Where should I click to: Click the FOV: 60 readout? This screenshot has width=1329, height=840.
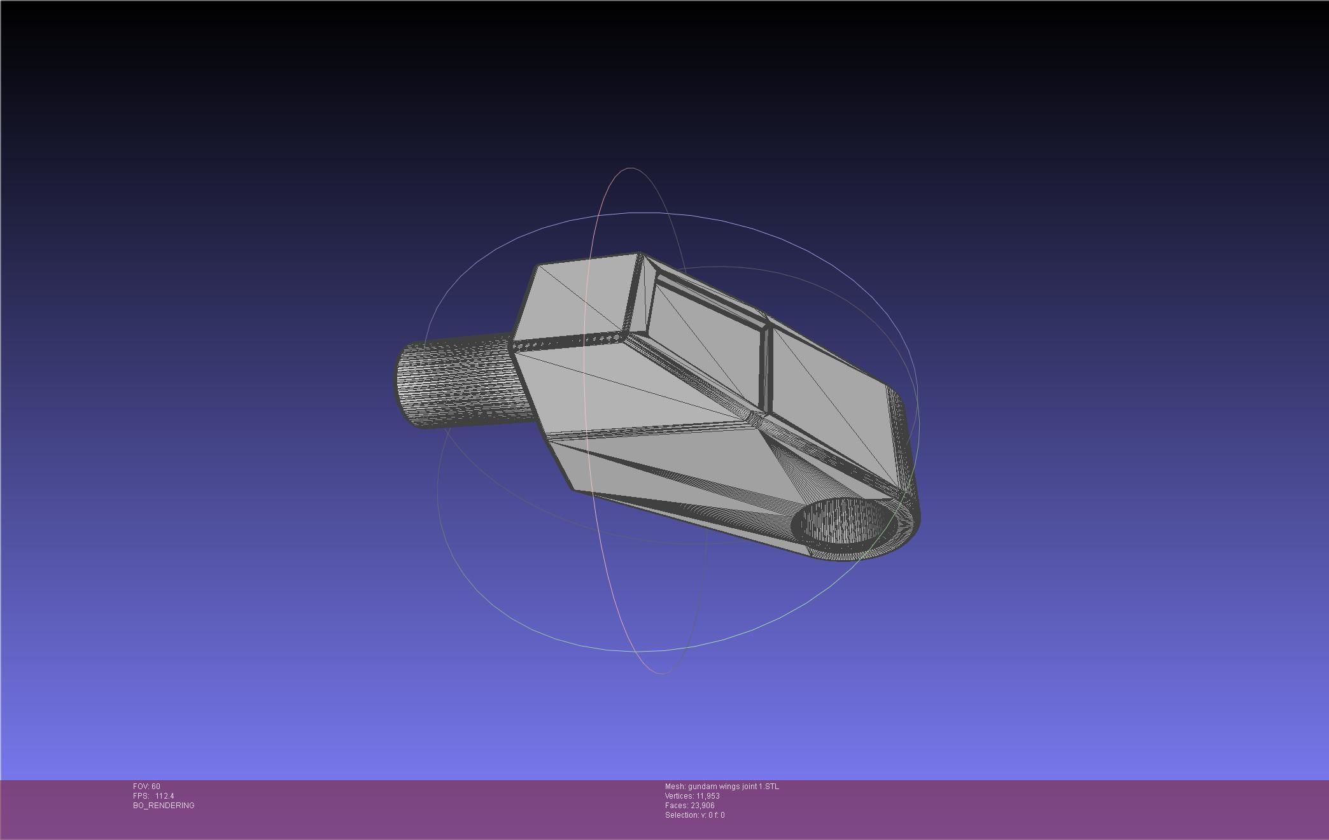pos(146,787)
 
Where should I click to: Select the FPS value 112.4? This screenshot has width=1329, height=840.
pos(164,796)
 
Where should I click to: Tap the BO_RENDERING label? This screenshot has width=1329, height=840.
pos(164,806)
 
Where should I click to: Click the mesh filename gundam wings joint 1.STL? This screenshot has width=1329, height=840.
pos(733,787)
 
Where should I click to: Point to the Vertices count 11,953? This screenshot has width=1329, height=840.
pos(707,796)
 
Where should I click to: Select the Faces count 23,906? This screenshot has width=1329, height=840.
pos(702,806)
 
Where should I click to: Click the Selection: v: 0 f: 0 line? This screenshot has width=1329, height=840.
pos(694,815)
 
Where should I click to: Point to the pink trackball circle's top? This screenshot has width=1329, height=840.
pos(630,169)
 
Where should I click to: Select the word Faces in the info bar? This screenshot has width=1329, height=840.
pos(676,806)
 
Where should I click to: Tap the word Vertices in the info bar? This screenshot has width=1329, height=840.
pos(679,796)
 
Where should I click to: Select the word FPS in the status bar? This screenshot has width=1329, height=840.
pos(140,796)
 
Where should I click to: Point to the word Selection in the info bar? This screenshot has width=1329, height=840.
pos(680,815)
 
